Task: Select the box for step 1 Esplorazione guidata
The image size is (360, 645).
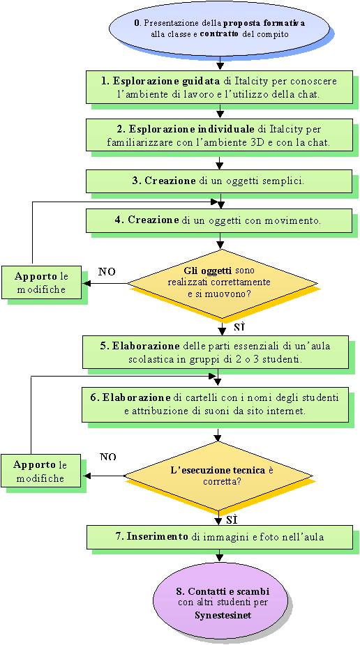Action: (219, 87)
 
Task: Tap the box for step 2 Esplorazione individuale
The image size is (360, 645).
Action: (219, 135)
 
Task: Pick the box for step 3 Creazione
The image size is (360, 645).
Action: (219, 181)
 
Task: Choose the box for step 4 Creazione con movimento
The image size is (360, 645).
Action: (219, 221)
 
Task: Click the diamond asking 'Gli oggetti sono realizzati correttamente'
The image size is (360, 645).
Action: (223, 283)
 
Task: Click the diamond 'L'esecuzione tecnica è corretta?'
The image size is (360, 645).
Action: (218, 476)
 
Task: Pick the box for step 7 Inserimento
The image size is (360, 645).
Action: (220, 537)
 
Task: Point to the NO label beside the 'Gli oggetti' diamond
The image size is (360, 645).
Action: (107, 272)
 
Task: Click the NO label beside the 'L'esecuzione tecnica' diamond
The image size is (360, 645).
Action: (108, 457)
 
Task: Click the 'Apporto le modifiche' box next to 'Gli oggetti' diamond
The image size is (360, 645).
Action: (41, 284)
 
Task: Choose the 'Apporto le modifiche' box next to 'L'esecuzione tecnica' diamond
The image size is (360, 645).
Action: (41, 471)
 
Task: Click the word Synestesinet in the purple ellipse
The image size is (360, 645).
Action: (223, 616)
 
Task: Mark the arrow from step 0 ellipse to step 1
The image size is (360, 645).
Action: (222, 61)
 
